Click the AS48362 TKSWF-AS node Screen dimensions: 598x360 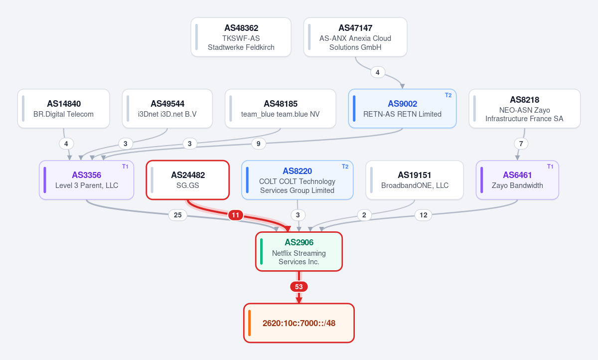tap(241, 37)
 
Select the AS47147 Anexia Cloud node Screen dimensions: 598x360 tap(355, 37)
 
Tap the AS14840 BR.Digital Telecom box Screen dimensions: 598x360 tap(64, 108)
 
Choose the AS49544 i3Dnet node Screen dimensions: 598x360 tap(167, 108)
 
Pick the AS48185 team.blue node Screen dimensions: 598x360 tap(280, 108)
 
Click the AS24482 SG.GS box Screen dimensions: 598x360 tap(188, 180)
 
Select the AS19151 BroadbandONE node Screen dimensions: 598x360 tap(415, 180)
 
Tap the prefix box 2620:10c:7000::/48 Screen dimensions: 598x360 tap(299, 323)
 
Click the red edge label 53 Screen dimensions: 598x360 tap(299, 287)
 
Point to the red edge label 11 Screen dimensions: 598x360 tap(235, 215)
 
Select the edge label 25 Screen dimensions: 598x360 tap(178, 215)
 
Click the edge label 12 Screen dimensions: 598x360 tap(424, 215)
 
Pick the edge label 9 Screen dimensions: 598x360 tap(259, 144)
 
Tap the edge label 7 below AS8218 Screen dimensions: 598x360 tap(521, 144)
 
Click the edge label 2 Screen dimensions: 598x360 tap(364, 215)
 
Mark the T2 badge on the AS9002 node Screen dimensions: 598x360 tap(448, 95)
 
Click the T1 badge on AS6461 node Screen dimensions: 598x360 tap(550, 167)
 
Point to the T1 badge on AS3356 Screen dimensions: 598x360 tap(125, 167)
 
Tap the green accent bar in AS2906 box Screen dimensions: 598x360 tap(261, 251)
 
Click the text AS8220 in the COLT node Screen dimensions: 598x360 tap(297, 171)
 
